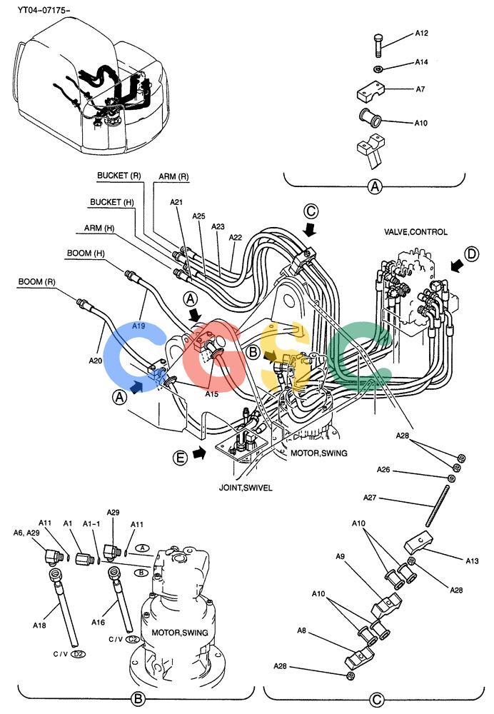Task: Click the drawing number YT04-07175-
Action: (x=44, y=9)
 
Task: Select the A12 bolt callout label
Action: (x=421, y=34)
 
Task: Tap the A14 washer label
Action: (x=421, y=62)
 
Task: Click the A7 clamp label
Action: (x=420, y=89)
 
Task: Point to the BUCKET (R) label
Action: (x=119, y=176)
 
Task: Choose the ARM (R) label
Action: (x=173, y=176)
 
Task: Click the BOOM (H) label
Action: (x=86, y=253)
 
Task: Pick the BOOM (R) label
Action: (x=37, y=282)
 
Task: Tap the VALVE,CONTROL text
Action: (x=415, y=232)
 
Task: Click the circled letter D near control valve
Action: (x=472, y=253)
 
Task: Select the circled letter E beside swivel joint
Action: (x=181, y=457)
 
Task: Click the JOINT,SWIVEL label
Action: (x=246, y=488)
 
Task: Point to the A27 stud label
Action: (x=370, y=498)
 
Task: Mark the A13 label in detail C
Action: (x=472, y=561)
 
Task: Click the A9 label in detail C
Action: (x=340, y=556)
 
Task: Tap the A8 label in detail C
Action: (x=301, y=630)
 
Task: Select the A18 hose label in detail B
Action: (x=39, y=625)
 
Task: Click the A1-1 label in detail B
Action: (x=91, y=524)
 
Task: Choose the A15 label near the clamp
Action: (x=211, y=394)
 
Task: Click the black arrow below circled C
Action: (x=311, y=231)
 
